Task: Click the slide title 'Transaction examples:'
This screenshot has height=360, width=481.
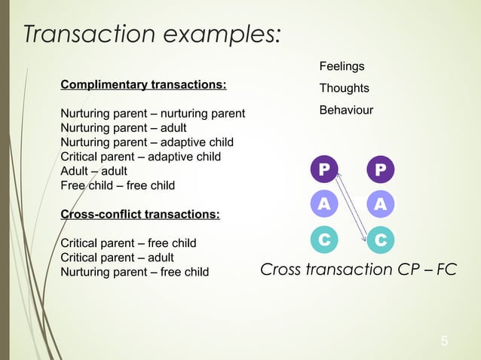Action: (152, 33)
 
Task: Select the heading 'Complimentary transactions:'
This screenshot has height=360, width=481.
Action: (143, 84)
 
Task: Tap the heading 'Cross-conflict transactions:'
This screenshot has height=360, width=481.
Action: (140, 215)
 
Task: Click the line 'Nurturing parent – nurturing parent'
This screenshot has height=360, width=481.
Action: (152, 114)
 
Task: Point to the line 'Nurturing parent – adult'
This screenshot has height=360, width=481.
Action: (123, 128)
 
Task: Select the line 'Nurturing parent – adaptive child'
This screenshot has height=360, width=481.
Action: (146, 142)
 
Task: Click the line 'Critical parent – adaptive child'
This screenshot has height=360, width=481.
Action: (140, 157)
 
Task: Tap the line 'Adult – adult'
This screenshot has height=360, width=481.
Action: (93, 171)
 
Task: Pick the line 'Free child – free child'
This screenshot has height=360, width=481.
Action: (117, 185)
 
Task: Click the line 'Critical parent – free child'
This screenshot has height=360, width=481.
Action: (128, 243)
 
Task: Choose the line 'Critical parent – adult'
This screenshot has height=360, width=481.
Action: (117, 258)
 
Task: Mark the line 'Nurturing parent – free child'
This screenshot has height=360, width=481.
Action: (134, 272)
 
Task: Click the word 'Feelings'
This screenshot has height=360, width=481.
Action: (342, 67)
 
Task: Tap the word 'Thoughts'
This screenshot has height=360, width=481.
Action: (344, 89)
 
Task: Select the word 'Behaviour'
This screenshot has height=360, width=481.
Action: (346, 111)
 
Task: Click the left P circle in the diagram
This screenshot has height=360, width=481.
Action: (323, 169)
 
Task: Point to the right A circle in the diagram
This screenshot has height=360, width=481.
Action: (381, 204)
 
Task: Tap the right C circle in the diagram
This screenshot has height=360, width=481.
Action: (381, 239)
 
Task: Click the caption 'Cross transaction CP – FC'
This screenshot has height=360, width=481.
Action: (358, 270)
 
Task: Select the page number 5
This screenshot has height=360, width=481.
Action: (444, 342)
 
